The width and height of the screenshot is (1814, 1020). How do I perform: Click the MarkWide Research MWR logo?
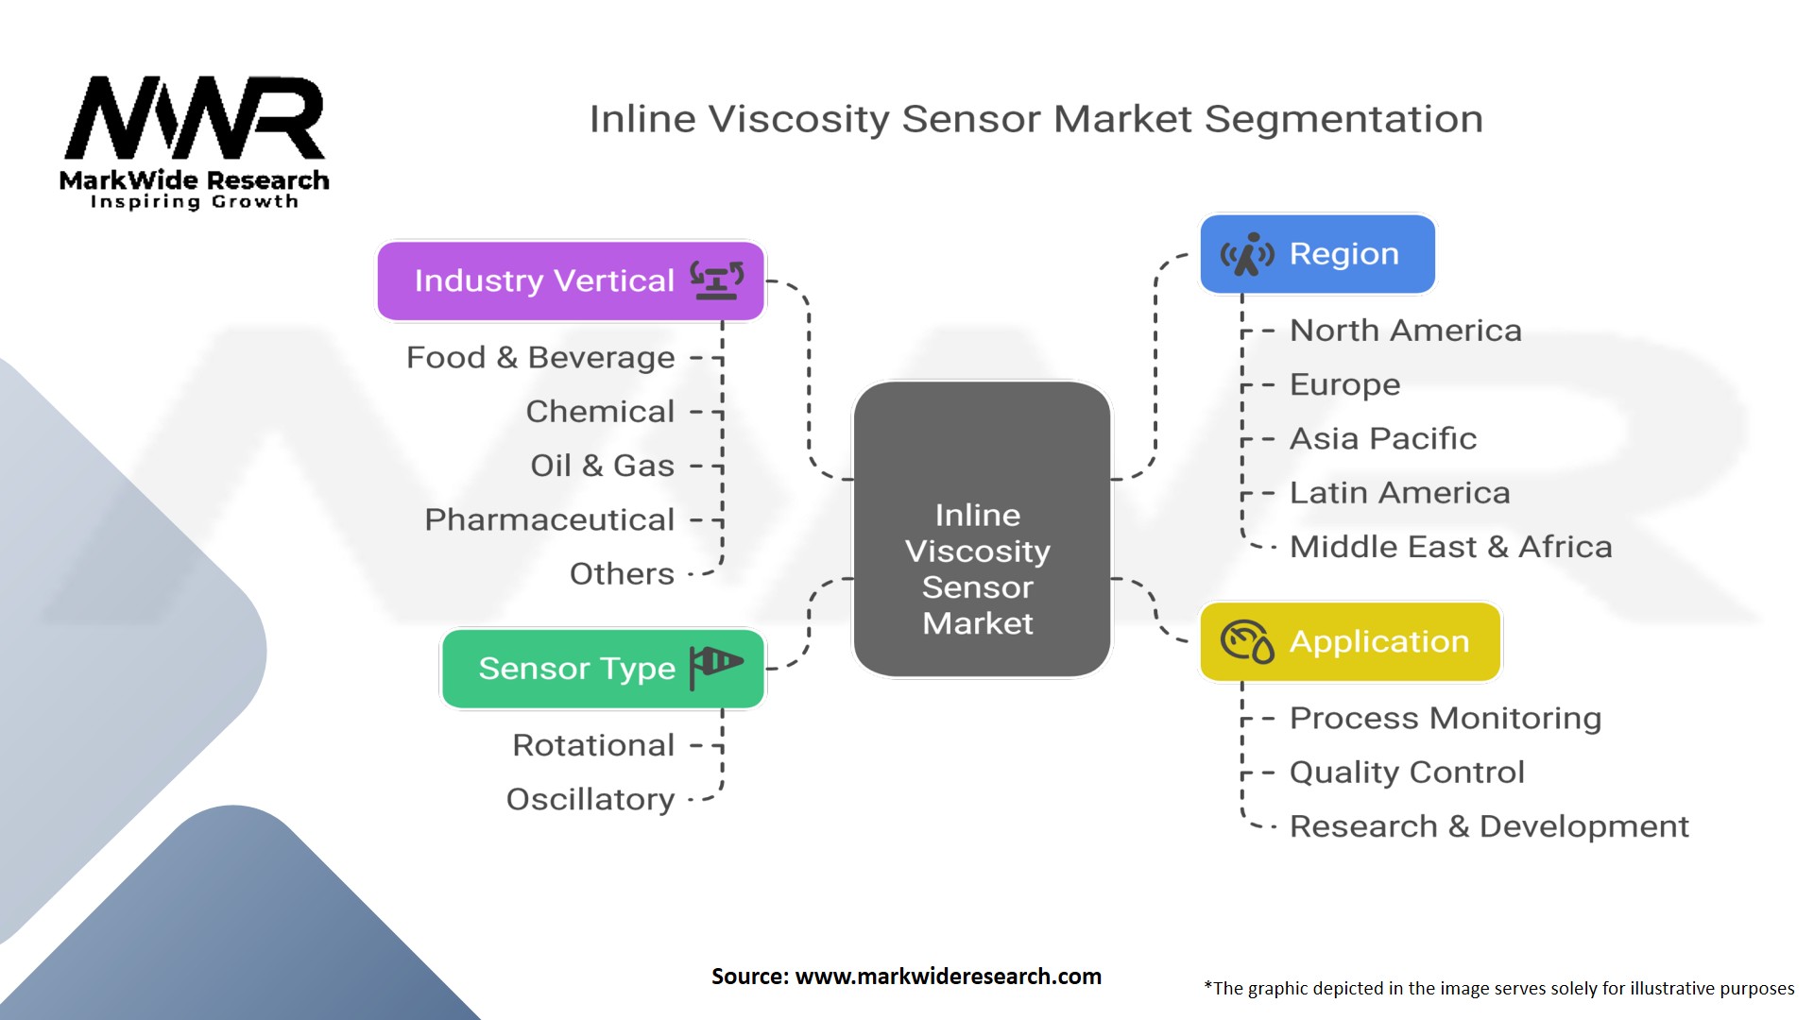click(x=195, y=142)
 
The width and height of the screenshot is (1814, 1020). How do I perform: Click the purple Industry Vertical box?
click(x=571, y=281)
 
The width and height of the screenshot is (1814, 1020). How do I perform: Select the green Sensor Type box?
click(x=603, y=669)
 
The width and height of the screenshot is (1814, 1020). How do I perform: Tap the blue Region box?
click(x=1317, y=254)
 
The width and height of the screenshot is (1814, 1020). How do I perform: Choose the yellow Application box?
click(x=1350, y=642)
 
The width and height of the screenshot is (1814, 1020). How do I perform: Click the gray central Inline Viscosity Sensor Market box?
click(x=981, y=529)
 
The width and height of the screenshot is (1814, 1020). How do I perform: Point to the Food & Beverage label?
click(x=540, y=358)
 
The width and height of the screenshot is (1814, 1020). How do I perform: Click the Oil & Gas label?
click(x=602, y=466)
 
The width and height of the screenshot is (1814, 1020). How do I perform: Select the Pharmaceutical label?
click(x=549, y=519)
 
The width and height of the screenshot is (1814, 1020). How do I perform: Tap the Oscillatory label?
click(x=590, y=800)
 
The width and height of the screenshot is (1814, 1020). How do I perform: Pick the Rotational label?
click(x=593, y=745)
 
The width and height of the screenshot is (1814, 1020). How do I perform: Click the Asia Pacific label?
click(x=1382, y=438)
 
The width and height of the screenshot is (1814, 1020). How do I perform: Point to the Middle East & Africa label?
click(x=1450, y=547)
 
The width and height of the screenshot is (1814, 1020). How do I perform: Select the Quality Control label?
click(x=1407, y=773)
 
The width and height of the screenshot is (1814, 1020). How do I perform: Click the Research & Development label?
click(x=1489, y=826)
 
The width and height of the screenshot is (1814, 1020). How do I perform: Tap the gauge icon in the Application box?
click(x=1246, y=642)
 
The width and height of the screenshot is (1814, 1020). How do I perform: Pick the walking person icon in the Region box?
click(x=1247, y=255)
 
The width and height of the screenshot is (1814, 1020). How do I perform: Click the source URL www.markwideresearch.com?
click(x=948, y=977)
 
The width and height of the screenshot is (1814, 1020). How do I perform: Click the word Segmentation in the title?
click(x=1343, y=120)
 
